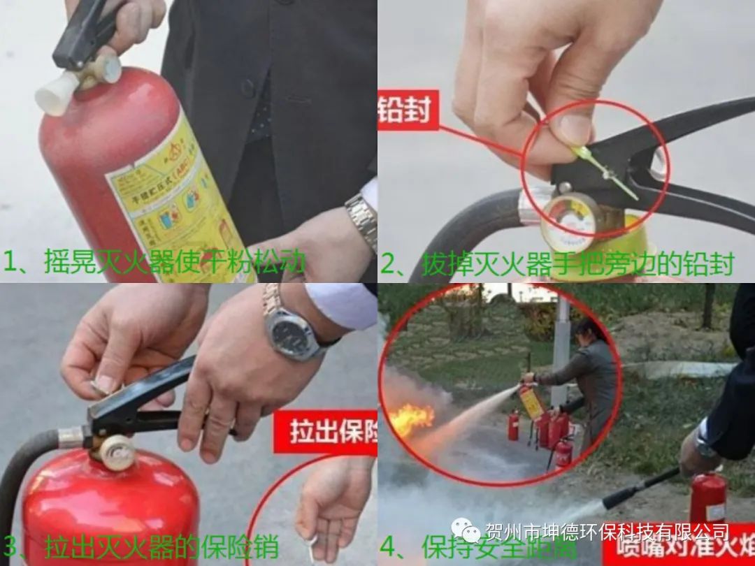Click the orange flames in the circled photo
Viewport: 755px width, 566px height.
coord(412,419)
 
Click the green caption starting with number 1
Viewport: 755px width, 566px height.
coord(154,263)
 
